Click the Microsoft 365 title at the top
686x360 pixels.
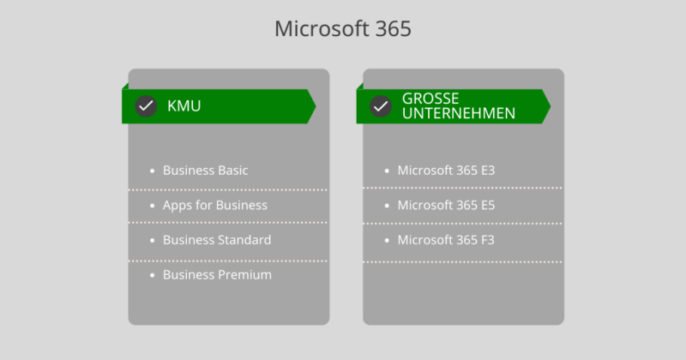[x=343, y=29]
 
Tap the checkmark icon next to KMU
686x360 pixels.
[x=146, y=106]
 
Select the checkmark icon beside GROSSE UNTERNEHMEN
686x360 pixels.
[x=381, y=106]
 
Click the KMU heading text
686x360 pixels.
[x=184, y=105]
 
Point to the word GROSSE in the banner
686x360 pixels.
[x=430, y=99]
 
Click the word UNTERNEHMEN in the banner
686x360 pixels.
[x=459, y=113]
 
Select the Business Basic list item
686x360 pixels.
[x=205, y=171]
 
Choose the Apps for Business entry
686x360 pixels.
[x=215, y=205]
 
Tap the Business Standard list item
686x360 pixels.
[x=217, y=240]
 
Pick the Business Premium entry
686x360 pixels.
[x=217, y=274]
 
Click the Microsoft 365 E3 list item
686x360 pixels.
[x=446, y=171]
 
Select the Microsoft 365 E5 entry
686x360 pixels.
[x=446, y=205]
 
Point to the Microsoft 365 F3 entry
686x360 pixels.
[x=446, y=240]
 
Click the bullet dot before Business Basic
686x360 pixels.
[x=153, y=171]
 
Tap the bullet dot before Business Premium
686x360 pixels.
[x=153, y=275]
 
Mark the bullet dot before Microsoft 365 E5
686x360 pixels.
[x=387, y=206]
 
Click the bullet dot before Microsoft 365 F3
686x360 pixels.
[x=387, y=240]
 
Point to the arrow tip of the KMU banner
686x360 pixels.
[x=316, y=106]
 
